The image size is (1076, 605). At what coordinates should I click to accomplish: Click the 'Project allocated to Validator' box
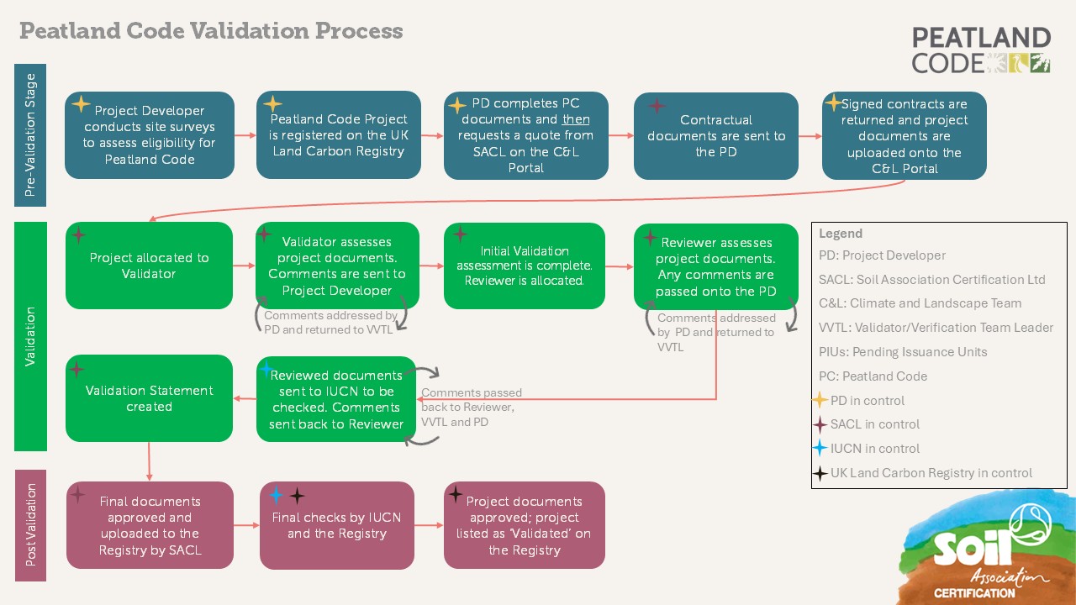click(x=149, y=266)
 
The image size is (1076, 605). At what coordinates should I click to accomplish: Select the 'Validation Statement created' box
click(x=149, y=398)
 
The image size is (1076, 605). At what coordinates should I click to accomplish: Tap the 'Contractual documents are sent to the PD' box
click(x=715, y=135)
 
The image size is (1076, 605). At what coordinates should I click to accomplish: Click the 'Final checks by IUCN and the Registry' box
click(x=336, y=525)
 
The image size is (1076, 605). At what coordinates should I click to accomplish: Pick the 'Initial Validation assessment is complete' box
click(x=524, y=266)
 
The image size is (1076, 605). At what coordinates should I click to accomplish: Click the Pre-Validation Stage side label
click(x=31, y=135)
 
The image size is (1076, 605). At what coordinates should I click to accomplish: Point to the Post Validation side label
click(x=31, y=525)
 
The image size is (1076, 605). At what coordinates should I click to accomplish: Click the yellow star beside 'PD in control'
click(x=820, y=400)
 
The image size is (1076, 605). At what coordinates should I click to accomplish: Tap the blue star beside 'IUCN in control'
click(x=820, y=449)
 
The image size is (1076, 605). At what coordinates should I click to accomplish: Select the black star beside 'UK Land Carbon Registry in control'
click(x=820, y=473)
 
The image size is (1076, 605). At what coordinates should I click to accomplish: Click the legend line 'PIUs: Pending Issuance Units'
click(x=903, y=352)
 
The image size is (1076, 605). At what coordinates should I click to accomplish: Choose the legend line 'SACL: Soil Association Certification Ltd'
click(x=931, y=279)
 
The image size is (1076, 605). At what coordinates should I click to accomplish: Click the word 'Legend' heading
click(x=841, y=234)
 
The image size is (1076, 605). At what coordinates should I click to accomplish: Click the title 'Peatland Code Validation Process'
click(x=211, y=31)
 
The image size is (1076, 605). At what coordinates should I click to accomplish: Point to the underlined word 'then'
click(x=576, y=119)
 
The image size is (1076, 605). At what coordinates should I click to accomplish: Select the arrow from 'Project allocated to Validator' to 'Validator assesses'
click(x=244, y=266)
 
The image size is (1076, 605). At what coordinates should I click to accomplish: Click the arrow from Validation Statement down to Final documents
click(x=150, y=460)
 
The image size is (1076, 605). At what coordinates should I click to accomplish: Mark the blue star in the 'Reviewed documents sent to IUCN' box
click(x=266, y=369)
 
